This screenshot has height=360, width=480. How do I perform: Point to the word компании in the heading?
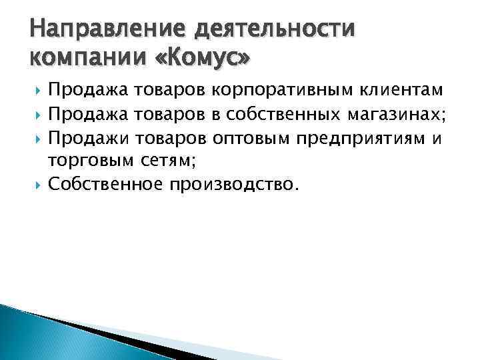[77, 59]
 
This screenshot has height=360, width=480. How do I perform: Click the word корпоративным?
[274, 91]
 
